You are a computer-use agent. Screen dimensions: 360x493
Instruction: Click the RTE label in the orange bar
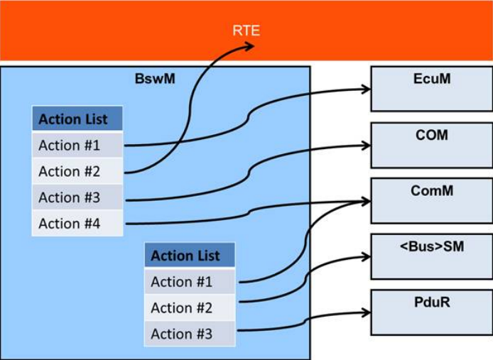point(246,31)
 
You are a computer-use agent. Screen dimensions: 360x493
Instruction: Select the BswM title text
point(155,79)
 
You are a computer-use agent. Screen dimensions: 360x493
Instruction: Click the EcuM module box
point(431,88)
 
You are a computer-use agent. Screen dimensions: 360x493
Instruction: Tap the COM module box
point(431,144)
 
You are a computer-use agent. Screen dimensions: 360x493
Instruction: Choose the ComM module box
point(431,200)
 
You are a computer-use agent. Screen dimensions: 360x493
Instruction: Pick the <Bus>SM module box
point(431,256)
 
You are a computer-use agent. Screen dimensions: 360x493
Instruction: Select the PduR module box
point(431,312)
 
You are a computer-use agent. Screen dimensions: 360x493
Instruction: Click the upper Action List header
point(77,119)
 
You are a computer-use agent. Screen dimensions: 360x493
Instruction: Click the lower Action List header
point(190,256)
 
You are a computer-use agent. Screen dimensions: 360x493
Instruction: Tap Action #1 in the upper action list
point(77,145)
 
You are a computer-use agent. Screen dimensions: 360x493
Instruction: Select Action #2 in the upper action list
point(77,171)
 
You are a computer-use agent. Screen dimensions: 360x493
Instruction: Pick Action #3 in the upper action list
point(77,197)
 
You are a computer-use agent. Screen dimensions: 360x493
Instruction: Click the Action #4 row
point(77,224)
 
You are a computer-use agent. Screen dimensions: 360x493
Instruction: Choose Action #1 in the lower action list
point(190,282)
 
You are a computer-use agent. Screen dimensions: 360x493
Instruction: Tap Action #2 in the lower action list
point(190,307)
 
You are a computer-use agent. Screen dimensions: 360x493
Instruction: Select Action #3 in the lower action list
point(190,334)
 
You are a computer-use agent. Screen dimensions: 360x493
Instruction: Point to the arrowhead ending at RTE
point(249,47)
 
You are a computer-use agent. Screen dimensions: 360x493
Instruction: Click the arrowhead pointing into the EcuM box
point(366,89)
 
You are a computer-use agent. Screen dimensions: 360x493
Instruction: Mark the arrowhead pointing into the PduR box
point(366,312)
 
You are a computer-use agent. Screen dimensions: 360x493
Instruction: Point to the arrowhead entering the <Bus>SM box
point(366,256)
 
